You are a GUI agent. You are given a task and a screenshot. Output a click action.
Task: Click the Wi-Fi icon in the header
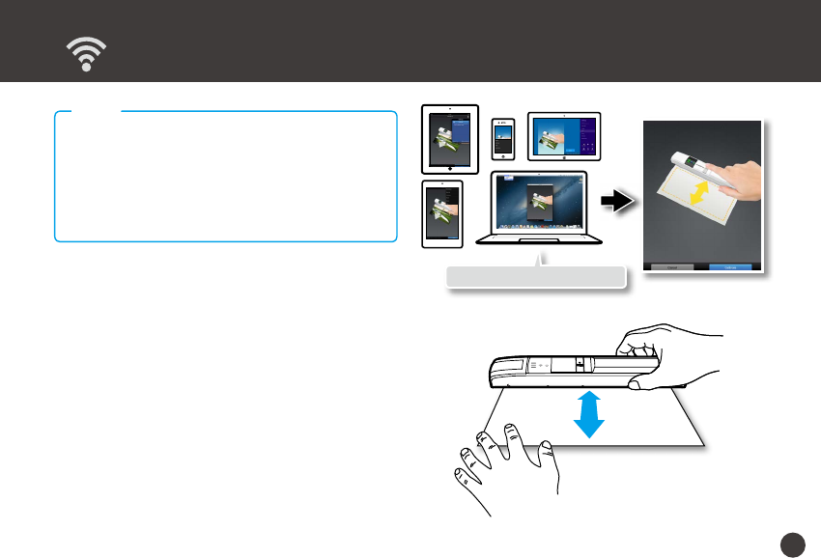point(87,56)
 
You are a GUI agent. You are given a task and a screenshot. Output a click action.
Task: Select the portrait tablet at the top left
point(451,138)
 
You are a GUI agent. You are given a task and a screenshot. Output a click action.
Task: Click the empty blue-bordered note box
point(226,176)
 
